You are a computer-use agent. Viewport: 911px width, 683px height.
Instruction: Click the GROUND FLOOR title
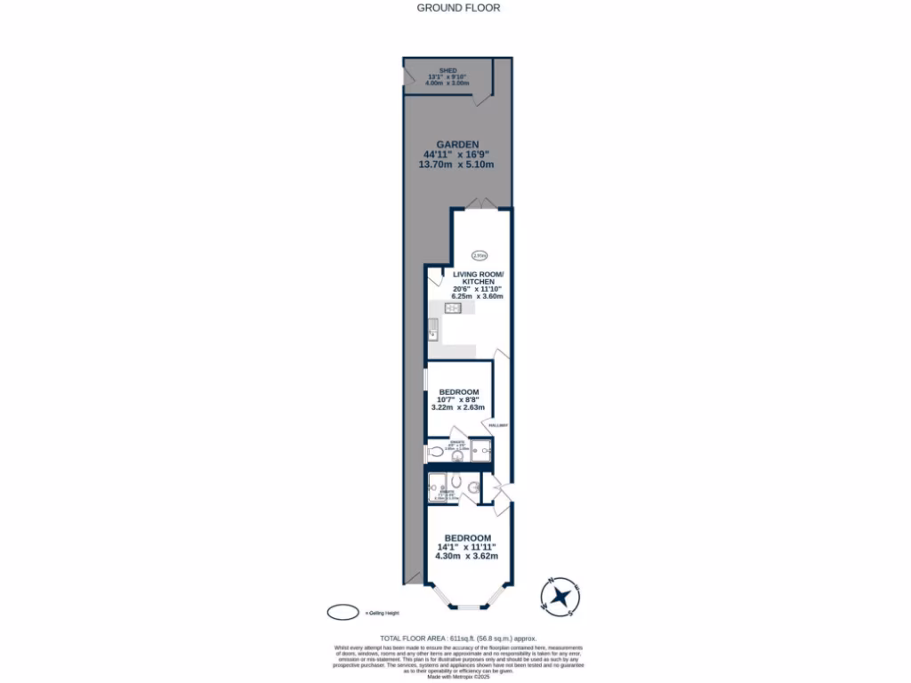(x=458, y=8)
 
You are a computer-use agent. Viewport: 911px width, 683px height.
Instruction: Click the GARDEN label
(x=457, y=145)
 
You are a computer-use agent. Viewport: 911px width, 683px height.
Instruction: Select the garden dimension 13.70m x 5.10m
(x=457, y=165)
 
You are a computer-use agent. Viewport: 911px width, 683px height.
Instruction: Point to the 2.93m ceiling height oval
(x=480, y=254)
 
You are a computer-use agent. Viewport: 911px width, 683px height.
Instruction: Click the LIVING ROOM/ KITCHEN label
(x=479, y=277)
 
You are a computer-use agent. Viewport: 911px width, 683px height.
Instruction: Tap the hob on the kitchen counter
(x=451, y=308)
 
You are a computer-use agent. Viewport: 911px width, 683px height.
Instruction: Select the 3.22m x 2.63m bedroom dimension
(x=459, y=407)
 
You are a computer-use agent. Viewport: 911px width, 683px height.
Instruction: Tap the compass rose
(x=560, y=597)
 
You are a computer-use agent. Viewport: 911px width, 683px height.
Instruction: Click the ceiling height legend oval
(x=343, y=613)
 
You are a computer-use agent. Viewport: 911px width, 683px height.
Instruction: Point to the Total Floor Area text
(x=458, y=639)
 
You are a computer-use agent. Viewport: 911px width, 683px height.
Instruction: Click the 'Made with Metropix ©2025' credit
(x=458, y=678)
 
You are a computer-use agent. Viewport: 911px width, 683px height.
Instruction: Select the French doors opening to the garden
(x=480, y=204)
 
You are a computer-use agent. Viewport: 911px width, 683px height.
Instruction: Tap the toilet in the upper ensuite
(x=436, y=453)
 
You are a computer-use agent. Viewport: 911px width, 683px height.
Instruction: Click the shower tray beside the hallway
(x=480, y=451)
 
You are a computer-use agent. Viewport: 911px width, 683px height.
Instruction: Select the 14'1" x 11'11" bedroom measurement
(x=466, y=547)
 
